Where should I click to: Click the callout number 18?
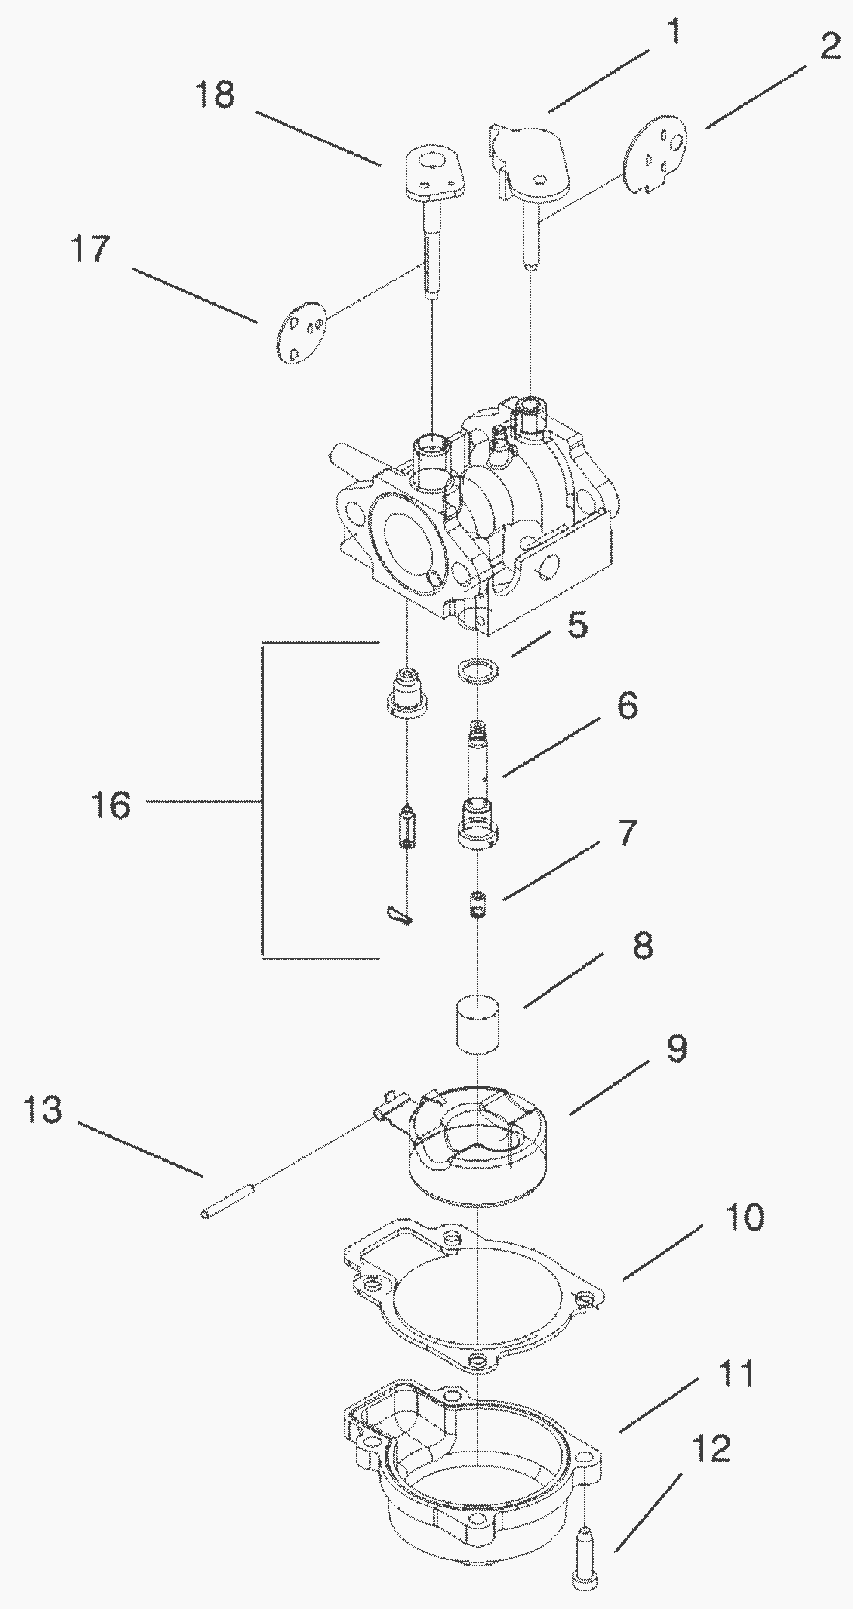[x=215, y=96]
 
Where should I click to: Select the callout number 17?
[x=90, y=250]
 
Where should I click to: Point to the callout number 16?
[x=109, y=805]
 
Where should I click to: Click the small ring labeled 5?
[x=475, y=668]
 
